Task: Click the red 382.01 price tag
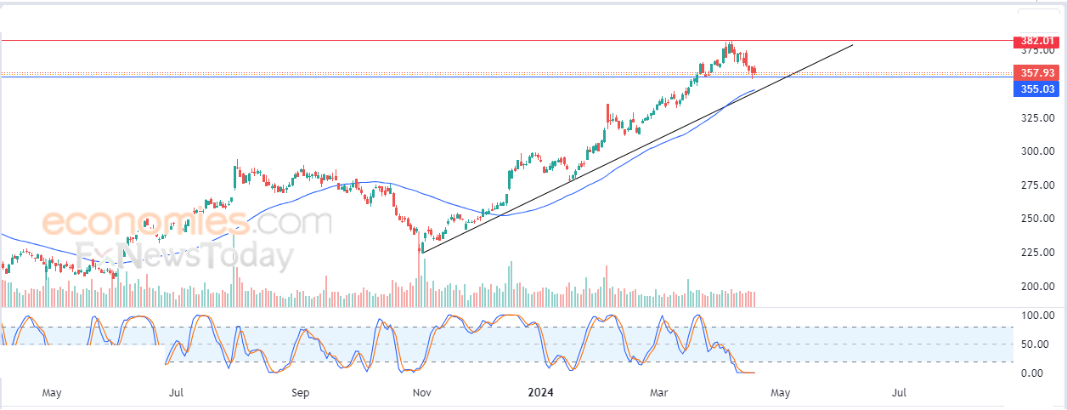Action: point(1036,41)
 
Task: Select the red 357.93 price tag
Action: point(1036,73)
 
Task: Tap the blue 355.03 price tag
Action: point(1036,88)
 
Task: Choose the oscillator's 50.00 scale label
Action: point(1036,345)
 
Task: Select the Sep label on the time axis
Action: point(300,393)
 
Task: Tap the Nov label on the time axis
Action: point(421,393)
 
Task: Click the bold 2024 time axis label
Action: point(541,393)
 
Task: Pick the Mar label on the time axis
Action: point(658,393)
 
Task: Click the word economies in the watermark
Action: point(137,223)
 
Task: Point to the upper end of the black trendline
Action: point(852,44)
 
